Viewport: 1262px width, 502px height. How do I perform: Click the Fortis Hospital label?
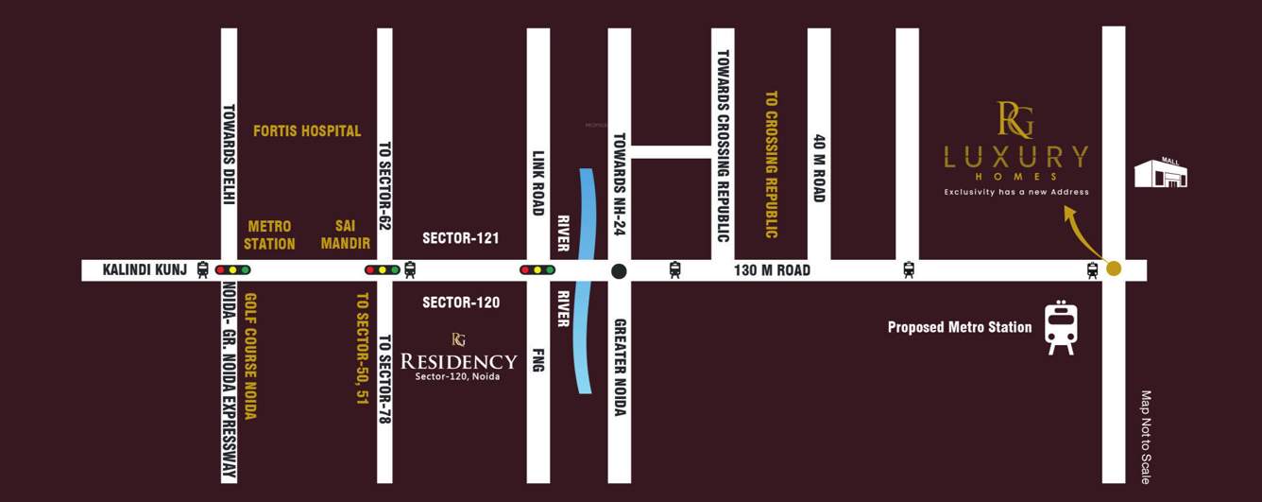307,131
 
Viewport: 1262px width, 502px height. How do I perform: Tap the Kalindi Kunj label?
145,270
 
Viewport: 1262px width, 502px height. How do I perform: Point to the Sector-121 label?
461,238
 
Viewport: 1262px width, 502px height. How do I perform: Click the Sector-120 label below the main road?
461,303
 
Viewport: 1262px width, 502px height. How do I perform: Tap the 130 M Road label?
772,270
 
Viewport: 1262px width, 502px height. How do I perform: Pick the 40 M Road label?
819,167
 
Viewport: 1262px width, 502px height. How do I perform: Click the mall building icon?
1161,173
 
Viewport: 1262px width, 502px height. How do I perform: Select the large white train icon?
1061,328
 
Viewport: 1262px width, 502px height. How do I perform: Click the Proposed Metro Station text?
959,327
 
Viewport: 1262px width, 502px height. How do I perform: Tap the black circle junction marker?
619,271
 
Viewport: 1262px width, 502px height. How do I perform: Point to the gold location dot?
1114,268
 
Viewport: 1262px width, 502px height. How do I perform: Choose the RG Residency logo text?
459,360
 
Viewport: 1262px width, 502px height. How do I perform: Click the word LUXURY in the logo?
1015,156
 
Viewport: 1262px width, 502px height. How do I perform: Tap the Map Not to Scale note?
1146,437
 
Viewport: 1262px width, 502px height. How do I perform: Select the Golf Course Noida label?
250,355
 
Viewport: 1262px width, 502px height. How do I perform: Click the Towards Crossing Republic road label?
723,147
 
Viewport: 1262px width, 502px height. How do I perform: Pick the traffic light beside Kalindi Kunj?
232,270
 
